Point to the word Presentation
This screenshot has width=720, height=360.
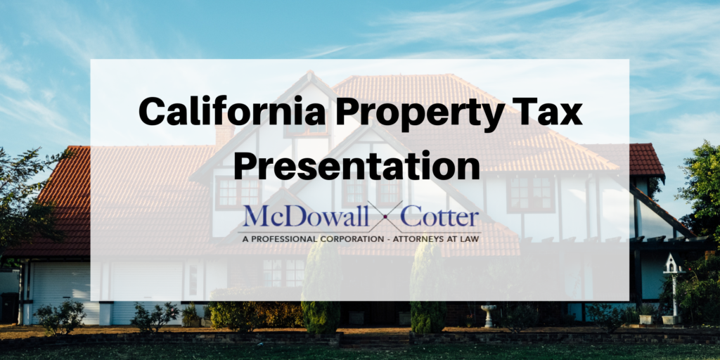pos(356,167)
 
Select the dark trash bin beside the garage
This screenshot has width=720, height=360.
pos(9,307)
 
